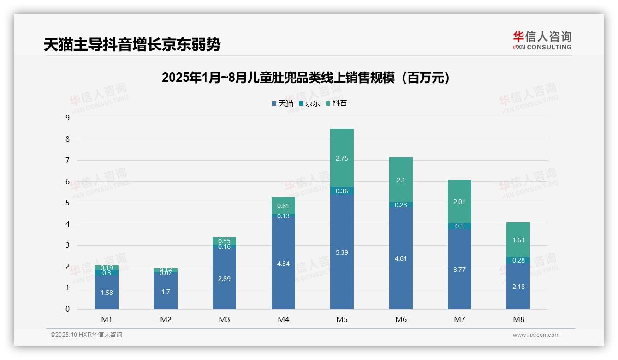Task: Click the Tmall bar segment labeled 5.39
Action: tap(342, 252)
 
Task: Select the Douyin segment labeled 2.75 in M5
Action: tap(342, 158)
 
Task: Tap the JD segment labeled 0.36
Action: tap(342, 191)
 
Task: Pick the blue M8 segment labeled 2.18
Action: tap(518, 286)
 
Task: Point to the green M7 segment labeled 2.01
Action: tap(459, 201)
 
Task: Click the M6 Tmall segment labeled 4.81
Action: tap(401, 258)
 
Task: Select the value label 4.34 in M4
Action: tap(283, 264)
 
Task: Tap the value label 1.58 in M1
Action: tap(107, 293)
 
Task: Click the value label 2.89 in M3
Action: tap(224, 279)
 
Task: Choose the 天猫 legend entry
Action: tap(283, 103)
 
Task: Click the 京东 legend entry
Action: tap(309, 103)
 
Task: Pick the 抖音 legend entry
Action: tap(337, 103)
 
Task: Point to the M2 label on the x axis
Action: tap(166, 319)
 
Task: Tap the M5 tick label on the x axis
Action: tap(342, 319)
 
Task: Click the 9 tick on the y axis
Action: tap(67, 118)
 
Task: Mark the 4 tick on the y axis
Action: tap(67, 224)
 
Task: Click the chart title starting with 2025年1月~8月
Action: tap(306, 78)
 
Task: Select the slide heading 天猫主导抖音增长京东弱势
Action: tap(132, 45)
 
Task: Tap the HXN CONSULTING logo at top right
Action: tap(542, 41)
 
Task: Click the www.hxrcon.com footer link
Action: tap(536, 335)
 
